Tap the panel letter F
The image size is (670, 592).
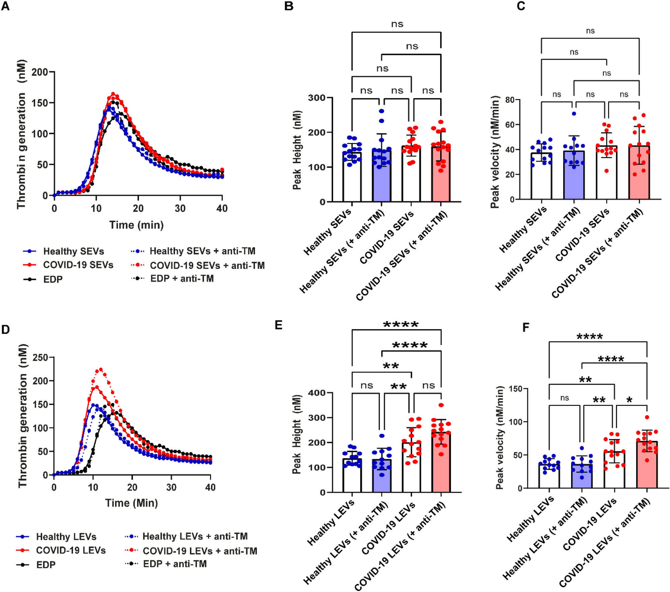[526, 327]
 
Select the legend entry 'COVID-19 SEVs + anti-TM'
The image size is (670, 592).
[207, 266]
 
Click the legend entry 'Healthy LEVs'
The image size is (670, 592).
[66, 537]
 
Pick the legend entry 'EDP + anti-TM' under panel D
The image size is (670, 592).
[175, 564]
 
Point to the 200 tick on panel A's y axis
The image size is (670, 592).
[40, 72]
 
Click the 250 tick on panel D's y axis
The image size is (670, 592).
[40, 358]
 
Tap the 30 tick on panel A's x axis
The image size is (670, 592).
[180, 209]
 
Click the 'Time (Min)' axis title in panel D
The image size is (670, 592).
[131, 503]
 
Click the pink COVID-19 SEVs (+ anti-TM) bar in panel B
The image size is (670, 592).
[441, 174]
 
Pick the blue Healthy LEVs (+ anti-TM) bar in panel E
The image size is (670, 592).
[382, 476]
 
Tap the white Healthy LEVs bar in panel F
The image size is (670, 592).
[549, 476]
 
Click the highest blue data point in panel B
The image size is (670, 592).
[382, 111]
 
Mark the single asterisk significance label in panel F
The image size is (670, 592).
[629, 400]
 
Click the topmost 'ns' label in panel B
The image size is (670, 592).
[397, 24]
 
